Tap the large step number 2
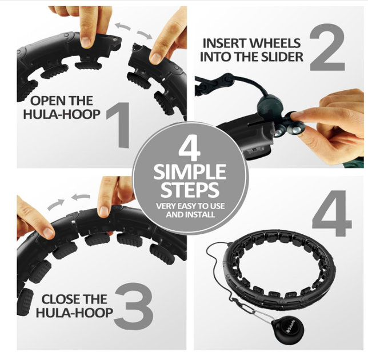pyautogui.click(x=327, y=47)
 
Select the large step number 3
pyautogui.click(x=134, y=306)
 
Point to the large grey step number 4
pyautogui.click(x=331, y=213)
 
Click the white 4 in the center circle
pyautogui.click(x=189, y=149)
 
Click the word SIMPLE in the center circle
pyautogui.click(x=190, y=172)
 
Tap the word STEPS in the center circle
pyautogui.click(x=190, y=190)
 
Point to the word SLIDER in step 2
pyautogui.click(x=282, y=57)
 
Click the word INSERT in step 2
pyautogui.click(x=225, y=43)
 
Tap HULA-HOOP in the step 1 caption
pyautogui.click(x=62, y=114)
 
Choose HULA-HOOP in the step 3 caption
pyautogui.click(x=74, y=313)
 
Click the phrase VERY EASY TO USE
pyautogui.click(x=190, y=206)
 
